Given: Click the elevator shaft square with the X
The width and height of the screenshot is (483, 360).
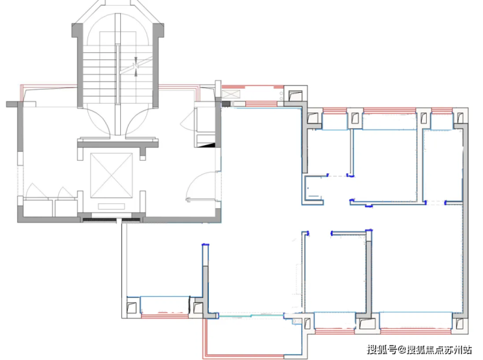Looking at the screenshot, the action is click(x=112, y=175).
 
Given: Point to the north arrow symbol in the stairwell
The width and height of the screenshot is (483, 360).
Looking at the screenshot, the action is click(x=136, y=66).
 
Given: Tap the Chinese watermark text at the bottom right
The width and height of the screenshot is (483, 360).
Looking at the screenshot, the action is click(x=419, y=350).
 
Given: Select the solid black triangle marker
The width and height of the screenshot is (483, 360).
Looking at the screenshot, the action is click(x=207, y=145).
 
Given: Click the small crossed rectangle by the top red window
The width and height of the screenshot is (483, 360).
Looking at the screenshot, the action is click(x=230, y=94).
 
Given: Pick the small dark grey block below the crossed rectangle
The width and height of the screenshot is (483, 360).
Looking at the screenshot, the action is click(x=226, y=104).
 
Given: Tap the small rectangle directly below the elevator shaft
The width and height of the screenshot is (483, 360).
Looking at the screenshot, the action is click(x=112, y=206).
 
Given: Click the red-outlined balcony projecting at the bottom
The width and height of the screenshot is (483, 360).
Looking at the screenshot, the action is click(x=253, y=337).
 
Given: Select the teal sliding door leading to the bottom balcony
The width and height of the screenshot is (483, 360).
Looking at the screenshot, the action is click(x=251, y=316).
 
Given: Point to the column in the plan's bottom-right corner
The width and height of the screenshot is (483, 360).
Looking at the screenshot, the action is click(x=460, y=323).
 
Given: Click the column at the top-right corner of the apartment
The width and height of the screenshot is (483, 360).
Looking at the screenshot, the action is click(x=460, y=117).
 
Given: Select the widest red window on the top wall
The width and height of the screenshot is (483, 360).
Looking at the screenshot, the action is click(x=390, y=110).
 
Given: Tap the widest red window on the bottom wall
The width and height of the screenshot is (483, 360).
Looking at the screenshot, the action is click(x=416, y=331).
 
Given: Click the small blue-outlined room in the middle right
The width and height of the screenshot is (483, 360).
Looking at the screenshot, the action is click(x=313, y=190).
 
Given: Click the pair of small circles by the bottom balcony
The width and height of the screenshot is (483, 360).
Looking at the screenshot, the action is click(x=296, y=321).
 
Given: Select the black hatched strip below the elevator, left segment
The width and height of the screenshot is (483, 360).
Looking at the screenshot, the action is click(x=99, y=220).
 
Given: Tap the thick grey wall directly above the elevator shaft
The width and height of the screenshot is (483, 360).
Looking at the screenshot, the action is click(x=118, y=144).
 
